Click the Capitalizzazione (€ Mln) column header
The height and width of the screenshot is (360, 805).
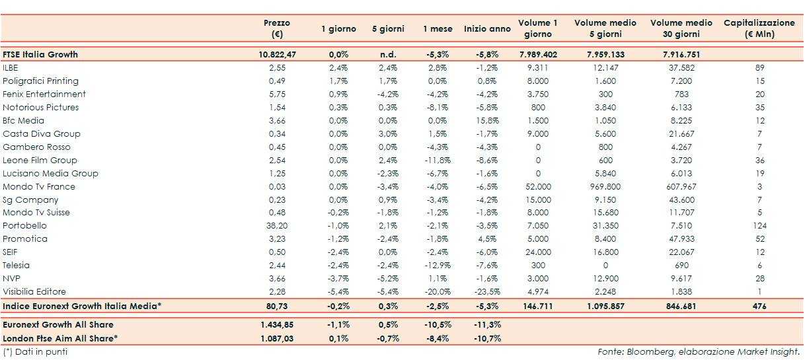click(x=759, y=28)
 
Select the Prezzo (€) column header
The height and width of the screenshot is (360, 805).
click(x=276, y=28)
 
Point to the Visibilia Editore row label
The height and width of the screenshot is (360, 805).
click(x=34, y=291)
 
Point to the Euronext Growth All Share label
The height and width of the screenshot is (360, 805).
click(x=58, y=325)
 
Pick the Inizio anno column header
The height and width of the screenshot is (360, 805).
click(x=486, y=29)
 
